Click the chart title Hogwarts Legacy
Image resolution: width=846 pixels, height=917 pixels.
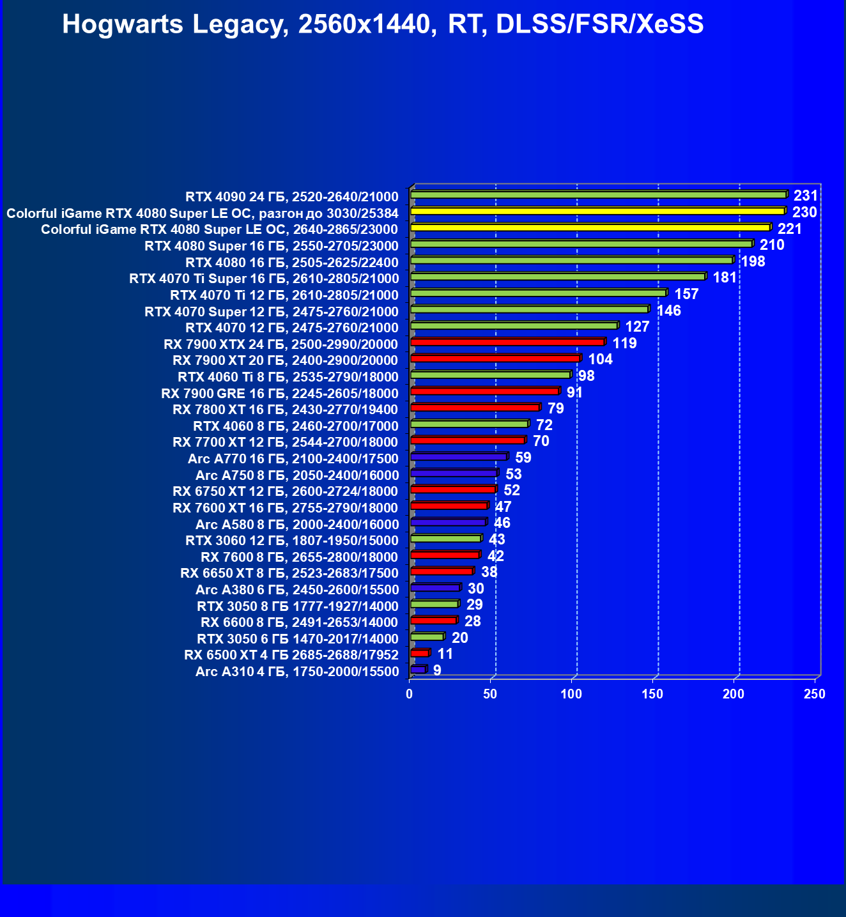[x=383, y=24]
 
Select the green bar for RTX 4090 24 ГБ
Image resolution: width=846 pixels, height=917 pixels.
[x=599, y=194]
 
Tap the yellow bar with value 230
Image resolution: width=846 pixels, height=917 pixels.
[x=597, y=211]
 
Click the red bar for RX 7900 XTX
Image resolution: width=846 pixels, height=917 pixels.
[x=507, y=342]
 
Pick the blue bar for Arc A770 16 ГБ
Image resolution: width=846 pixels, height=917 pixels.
[x=459, y=456]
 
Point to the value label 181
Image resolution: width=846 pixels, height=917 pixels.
[x=725, y=277]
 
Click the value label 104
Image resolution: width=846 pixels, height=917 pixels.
[x=600, y=359]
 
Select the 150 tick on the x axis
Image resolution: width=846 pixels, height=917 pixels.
[x=652, y=694]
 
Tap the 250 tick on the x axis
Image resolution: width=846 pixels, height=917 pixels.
[x=815, y=694]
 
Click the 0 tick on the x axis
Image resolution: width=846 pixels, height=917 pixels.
[x=410, y=694]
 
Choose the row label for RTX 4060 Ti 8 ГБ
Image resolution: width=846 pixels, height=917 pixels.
[x=288, y=377]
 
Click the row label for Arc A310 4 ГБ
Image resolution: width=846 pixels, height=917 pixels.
[x=296, y=672]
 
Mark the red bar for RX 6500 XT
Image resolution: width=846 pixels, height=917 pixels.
[x=420, y=653]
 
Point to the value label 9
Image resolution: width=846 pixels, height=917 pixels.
[x=437, y=670]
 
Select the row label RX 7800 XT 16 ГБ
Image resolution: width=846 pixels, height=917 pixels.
[x=285, y=410]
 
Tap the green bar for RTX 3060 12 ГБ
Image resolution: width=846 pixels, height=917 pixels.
[x=445, y=539]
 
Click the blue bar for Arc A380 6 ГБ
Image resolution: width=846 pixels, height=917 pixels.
[x=435, y=587]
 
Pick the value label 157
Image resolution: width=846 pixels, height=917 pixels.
[x=686, y=294]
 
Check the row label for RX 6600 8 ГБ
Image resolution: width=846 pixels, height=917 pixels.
[x=299, y=622]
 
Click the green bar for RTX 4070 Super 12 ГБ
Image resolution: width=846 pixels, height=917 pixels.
[x=529, y=309]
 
